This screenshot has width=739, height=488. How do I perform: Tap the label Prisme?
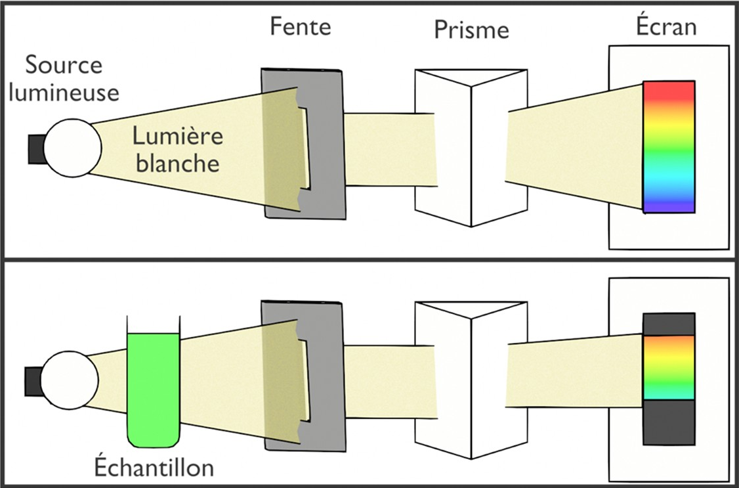[x=471, y=31]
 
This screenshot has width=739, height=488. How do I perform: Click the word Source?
[x=64, y=66]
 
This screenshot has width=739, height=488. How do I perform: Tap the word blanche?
[x=177, y=162]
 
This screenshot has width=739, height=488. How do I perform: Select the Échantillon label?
[x=153, y=468]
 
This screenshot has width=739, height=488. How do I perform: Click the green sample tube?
[x=153, y=388]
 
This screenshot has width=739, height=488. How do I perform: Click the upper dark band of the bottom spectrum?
[x=668, y=324]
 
